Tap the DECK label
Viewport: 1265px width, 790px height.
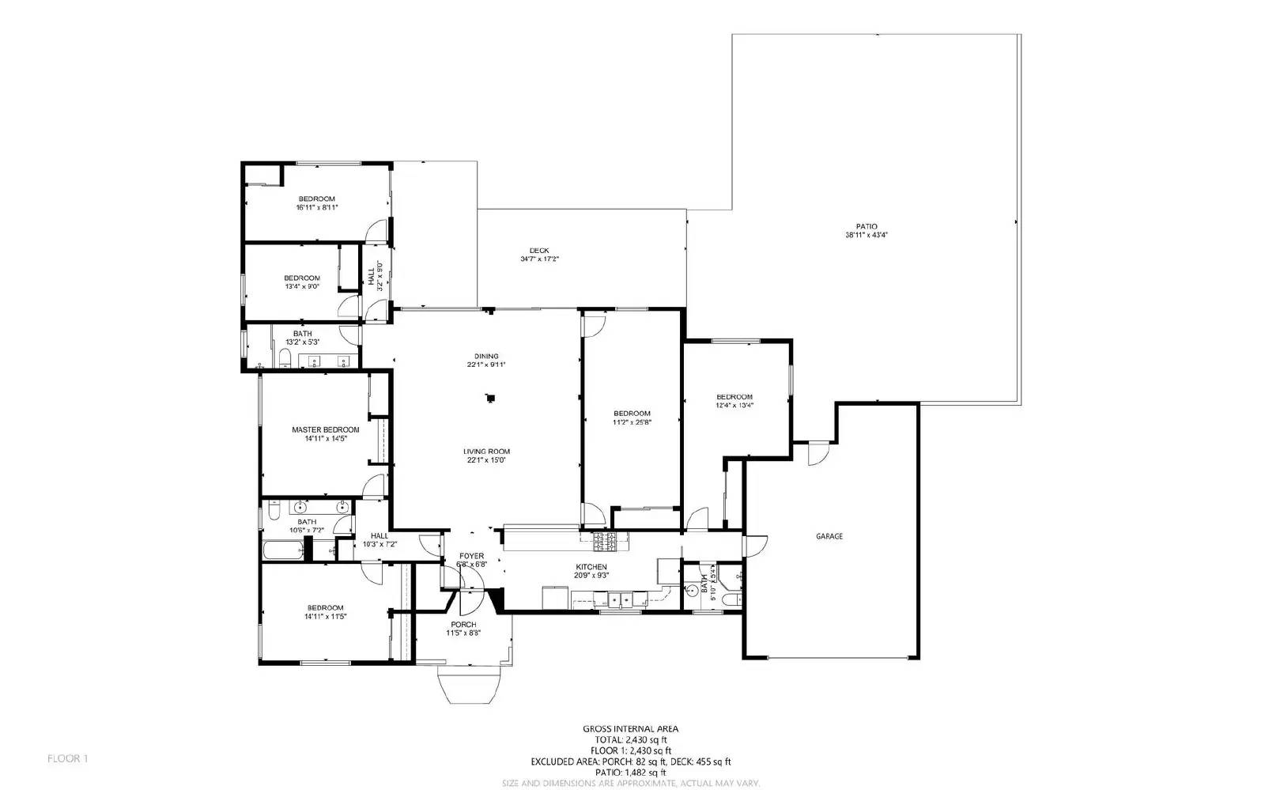pos(539,251)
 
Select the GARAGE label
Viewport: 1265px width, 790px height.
pos(829,536)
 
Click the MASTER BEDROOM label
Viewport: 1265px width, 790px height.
pos(325,429)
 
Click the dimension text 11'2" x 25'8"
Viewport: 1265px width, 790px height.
pos(632,422)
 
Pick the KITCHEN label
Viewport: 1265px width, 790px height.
pos(591,567)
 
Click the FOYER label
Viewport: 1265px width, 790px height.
pos(472,556)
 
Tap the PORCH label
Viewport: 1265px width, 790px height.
pos(463,625)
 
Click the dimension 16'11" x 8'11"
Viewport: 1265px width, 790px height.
pos(316,207)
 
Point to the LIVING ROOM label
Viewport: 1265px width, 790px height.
pos(486,452)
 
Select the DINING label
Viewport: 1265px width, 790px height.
pos(486,356)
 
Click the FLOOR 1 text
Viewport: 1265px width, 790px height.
pos(67,758)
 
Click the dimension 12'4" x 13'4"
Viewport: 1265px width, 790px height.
pos(734,405)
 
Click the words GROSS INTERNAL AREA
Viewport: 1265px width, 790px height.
pos(630,729)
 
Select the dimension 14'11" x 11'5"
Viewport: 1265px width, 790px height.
pos(325,616)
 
